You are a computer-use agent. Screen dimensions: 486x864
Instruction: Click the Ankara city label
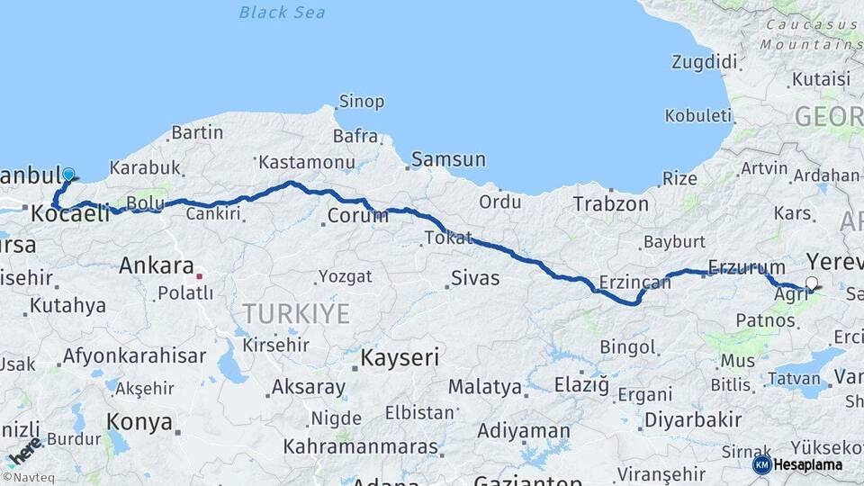coord(157,266)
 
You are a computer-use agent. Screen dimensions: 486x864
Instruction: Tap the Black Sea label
coord(282,13)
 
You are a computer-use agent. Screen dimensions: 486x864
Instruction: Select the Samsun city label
coord(448,160)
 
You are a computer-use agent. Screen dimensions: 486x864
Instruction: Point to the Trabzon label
coord(611,204)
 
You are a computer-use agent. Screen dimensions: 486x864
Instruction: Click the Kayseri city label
coord(400,357)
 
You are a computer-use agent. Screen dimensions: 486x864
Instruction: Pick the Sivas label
coord(475,277)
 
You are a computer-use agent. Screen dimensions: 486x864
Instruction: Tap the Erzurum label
coord(747,266)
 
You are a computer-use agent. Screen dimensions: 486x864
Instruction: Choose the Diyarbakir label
coord(693,419)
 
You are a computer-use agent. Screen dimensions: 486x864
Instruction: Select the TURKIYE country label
coord(295,314)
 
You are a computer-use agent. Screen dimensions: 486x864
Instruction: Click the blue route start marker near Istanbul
coord(68,175)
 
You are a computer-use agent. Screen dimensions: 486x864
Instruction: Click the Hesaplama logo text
coord(808,464)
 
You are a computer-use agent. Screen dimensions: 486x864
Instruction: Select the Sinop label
coord(361,102)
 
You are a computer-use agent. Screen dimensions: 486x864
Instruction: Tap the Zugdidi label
coord(704,62)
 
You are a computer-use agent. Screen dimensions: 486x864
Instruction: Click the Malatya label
coord(485,387)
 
